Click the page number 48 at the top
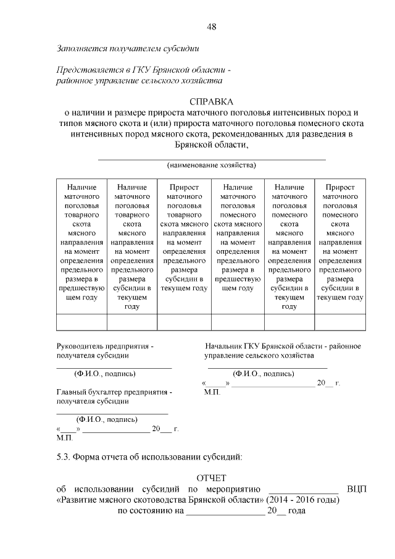pos(211,26)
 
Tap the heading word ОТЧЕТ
pos(211,478)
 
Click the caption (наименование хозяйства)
pos(211,165)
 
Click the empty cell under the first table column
pos(81,322)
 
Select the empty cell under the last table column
pos(339,322)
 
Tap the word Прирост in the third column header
pos(185,187)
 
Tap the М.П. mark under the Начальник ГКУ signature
pos(211,392)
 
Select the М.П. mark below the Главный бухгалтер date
pos(64,437)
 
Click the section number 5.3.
pos(64,457)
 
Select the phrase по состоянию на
pos(147,511)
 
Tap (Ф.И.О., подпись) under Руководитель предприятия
pos(104,373)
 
